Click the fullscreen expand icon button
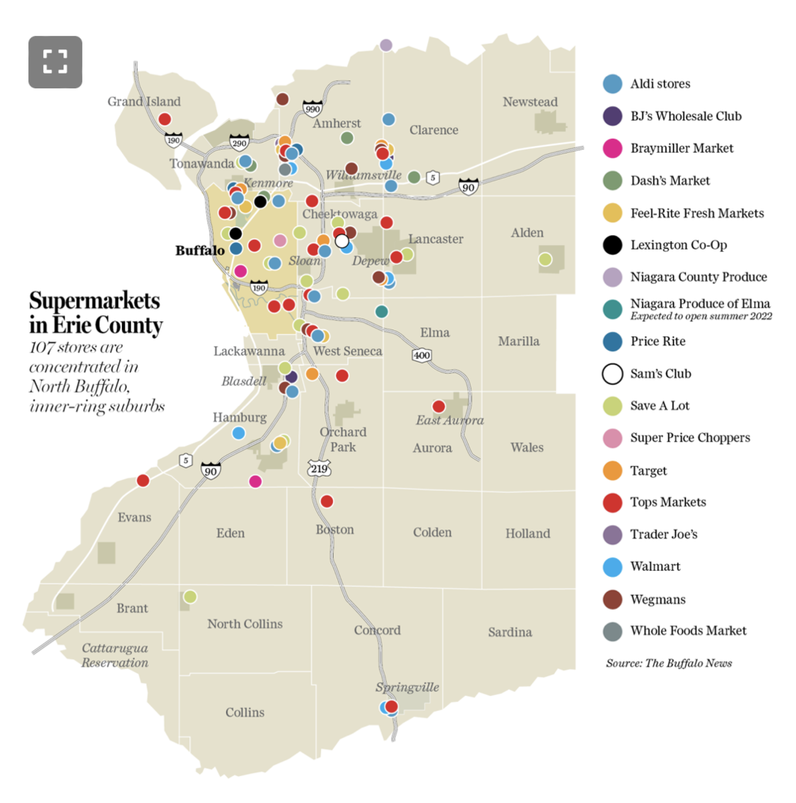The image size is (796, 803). pyautogui.click(x=55, y=62)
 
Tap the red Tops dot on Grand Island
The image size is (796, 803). pyautogui.click(x=165, y=119)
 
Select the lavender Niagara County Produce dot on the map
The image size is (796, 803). pyautogui.click(x=386, y=45)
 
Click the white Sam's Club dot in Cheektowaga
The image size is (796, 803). pyautogui.click(x=342, y=240)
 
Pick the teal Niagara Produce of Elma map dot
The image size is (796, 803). pyautogui.click(x=381, y=311)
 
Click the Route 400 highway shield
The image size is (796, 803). pyautogui.click(x=421, y=355)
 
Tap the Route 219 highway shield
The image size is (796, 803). pyautogui.click(x=319, y=469)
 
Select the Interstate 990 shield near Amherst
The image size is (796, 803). pyautogui.click(x=312, y=108)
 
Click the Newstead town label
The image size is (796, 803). pyautogui.click(x=530, y=102)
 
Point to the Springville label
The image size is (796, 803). pyautogui.click(x=407, y=687)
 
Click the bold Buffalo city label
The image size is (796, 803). pyautogui.click(x=200, y=251)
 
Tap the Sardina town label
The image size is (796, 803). pyautogui.click(x=510, y=632)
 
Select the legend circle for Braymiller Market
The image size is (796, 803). pyautogui.click(x=612, y=149)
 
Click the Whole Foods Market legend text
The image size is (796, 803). pyautogui.click(x=688, y=630)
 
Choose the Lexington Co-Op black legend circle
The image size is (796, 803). pyautogui.click(x=612, y=245)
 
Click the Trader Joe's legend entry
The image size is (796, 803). pyautogui.click(x=664, y=534)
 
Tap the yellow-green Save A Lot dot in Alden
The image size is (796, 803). pyautogui.click(x=545, y=259)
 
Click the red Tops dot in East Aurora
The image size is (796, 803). pyautogui.click(x=439, y=406)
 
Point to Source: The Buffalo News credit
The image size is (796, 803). pyautogui.click(x=669, y=663)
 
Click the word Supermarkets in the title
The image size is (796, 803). pyautogui.click(x=94, y=300)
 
